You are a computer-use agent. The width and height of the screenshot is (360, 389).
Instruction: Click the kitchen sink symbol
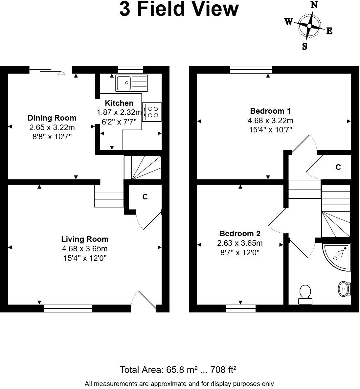tap(132, 83)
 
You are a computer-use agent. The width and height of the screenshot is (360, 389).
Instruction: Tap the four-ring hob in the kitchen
tap(152, 111)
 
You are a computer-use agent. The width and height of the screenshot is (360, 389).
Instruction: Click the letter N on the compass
tap(314, 5)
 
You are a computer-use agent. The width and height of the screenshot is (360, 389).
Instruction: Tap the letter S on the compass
tap(304, 46)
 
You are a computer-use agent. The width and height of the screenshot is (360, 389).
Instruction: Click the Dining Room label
tap(52, 118)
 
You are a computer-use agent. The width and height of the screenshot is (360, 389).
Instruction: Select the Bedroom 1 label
tap(270, 111)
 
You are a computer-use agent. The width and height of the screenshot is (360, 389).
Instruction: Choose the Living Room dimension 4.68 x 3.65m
tap(85, 249)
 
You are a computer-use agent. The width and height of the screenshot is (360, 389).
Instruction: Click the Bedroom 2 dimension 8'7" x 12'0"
tap(240, 253)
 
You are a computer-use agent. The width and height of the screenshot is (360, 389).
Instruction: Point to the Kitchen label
tap(119, 103)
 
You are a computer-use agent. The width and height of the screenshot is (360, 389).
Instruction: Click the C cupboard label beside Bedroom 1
tap(338, 167)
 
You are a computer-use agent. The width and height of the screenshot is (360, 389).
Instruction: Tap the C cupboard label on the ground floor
tap(145, 197)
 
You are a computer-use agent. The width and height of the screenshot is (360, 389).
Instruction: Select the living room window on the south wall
tap(68, 308)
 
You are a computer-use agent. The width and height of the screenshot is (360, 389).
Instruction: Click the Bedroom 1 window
tap(251, 69)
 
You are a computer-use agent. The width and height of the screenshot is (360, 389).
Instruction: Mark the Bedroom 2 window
tap(240, 308)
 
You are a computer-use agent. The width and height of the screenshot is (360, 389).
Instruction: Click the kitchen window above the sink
tap(130, 69)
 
